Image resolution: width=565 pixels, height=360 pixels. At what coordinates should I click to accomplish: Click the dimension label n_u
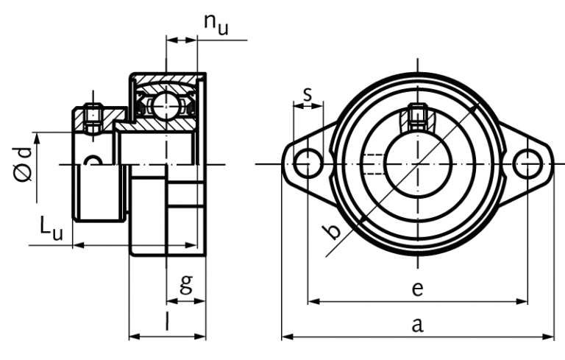coord(216,24)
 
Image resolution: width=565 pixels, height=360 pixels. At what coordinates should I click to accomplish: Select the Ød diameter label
coord(24,163)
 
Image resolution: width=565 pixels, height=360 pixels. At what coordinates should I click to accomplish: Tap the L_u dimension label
coord(51,229)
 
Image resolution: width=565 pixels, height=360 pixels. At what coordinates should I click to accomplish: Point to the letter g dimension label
coord(186,283)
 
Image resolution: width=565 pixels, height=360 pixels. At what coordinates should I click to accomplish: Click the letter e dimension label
coord(416,288)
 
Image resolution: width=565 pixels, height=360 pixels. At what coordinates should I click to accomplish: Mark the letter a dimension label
coord(416,324)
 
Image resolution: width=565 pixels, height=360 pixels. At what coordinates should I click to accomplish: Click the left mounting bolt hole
coord(306,163)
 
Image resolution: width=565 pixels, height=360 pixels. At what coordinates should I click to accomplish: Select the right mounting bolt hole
coord(527,163)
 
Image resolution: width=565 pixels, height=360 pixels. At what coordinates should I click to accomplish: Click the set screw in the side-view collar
coord(93,118)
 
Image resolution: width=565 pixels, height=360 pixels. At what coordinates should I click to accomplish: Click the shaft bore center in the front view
coord(416,163)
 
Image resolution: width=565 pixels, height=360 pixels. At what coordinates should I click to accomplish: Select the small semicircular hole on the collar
coord(92,160)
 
